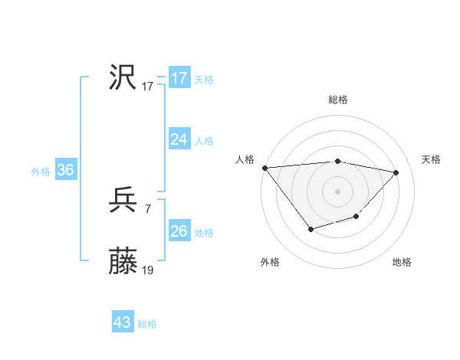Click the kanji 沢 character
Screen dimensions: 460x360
(x=123, y=77)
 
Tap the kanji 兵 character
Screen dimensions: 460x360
(x=123, y=201)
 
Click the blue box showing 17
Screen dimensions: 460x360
(x=179, y=78)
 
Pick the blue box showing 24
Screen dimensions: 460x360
(x=179, y=139)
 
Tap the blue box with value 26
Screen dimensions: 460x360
(x=179, y=231)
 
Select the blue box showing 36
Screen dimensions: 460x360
(x=65, y=170)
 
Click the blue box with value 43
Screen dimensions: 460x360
(x=123, y=322)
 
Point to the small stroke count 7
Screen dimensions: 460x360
(x=147, y=209)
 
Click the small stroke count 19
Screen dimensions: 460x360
(x=148, y=270)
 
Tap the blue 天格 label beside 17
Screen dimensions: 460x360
(x=204, y=80)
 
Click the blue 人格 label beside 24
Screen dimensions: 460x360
(x=204, y=141)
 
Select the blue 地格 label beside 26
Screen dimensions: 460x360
(x=204, y=233)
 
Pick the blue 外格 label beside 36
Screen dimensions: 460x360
(x=41, y=172)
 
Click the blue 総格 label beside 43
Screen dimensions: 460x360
(x=147, y=324)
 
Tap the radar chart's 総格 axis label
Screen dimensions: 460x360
(x=337, y=100)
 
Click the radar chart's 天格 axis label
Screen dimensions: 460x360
(x=431, y=159)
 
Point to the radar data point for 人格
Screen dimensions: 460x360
(x=264, y=168)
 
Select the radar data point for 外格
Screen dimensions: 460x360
(x=310, y=229)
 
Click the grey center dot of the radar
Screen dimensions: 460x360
(x=337, y=191)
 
